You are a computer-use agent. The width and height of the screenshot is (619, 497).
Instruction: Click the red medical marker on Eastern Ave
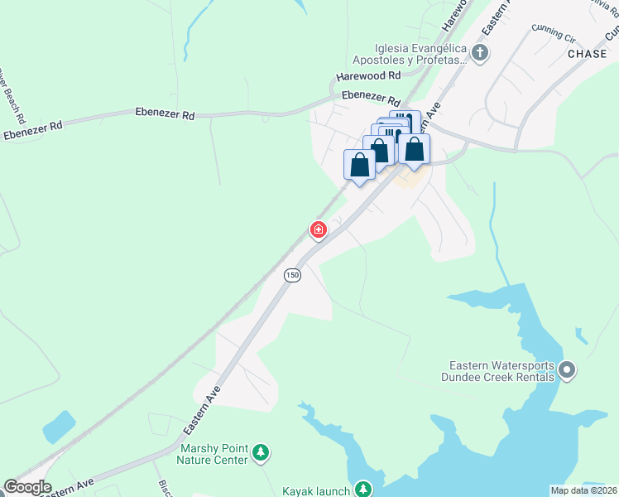(318, 229)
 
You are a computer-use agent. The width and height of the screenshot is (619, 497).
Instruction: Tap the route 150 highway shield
(292, 275)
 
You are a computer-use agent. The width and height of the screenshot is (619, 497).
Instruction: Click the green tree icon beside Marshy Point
(262, 452)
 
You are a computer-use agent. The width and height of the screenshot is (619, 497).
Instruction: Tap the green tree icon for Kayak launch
(362, 490)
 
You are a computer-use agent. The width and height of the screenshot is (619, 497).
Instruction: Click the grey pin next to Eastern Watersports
(567, 370)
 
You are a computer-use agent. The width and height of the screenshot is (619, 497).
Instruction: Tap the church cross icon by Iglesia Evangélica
(481, 54)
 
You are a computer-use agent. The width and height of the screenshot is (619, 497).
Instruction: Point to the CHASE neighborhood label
(588, 54)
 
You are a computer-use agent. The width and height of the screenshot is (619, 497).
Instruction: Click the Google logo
(27, 487)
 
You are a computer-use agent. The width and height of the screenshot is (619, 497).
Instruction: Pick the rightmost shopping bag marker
(415, 149)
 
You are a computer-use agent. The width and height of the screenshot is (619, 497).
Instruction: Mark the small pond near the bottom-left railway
(59, 426)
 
